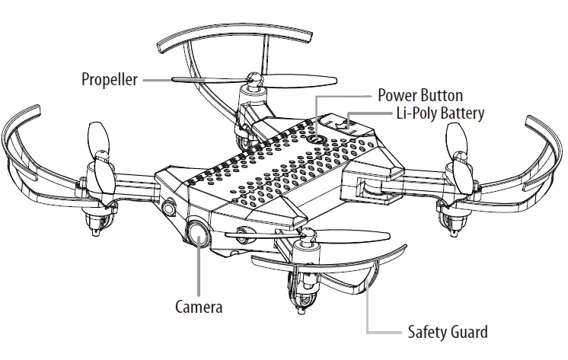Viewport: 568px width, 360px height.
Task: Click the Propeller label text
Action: (110, 79)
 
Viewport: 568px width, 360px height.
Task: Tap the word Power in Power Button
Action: (398, 96)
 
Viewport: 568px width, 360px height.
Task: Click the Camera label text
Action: (199, 307)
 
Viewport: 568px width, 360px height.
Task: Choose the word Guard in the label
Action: (470, 333)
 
